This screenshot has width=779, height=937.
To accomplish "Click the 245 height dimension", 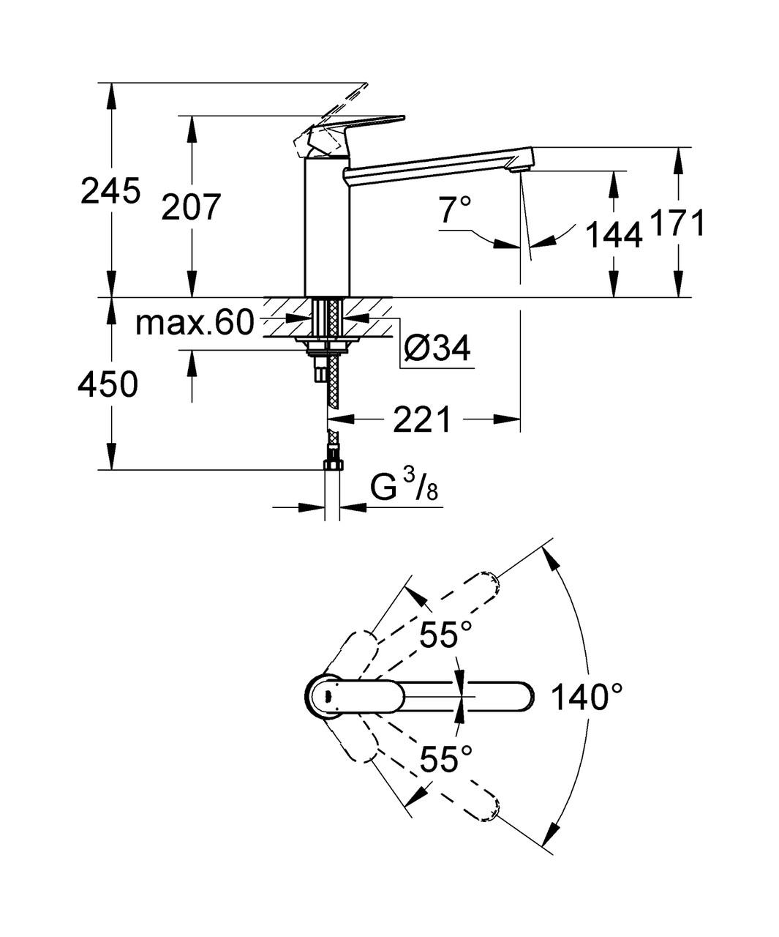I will coord(110,193).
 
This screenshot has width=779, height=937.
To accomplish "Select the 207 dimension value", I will coord(191,208).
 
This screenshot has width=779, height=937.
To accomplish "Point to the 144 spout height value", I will coord(614,234).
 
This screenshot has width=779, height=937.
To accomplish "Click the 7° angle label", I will coord(456,212).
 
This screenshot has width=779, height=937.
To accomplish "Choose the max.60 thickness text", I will coord(195,322).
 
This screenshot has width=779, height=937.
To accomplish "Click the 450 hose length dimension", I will coord(108,384).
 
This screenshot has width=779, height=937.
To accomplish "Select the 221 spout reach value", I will coord(424,420).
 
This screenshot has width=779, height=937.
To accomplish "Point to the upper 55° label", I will coord(446,635).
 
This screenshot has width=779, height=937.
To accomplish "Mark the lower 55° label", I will coord(446,759).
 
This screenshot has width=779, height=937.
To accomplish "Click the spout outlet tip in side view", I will coord(520,169).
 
